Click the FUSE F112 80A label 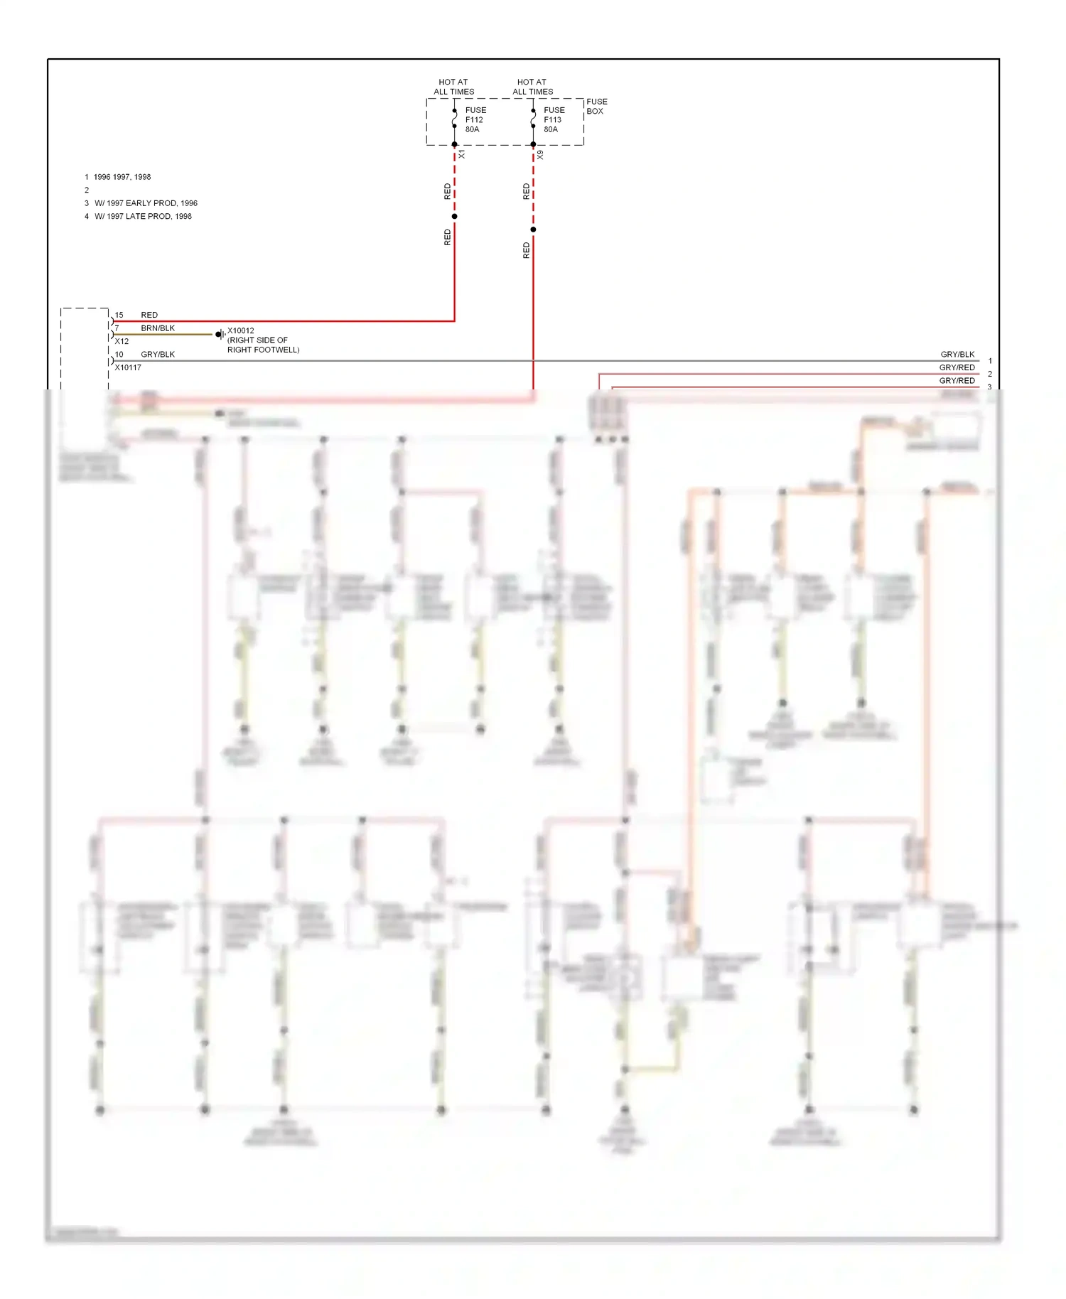click(x=475, y=119)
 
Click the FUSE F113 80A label click(x=554, y=119)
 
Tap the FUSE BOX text click(x=596, y=107)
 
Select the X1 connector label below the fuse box click(x=462, y=154)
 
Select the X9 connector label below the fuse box click(x=541, y=154)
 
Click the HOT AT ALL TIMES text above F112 click(x=453, y=87)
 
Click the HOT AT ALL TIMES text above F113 click(x=532, y=87)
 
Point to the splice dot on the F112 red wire click(x=454, y=216)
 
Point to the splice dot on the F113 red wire click(x=533, y=230)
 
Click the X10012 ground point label click(x=240, y=330)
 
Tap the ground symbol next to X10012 click(x=220, y=334)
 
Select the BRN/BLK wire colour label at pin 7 click(x=158, y=328)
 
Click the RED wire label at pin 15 click(x=149, y=315)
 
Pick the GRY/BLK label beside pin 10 click(x=158, y=355)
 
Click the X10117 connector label click(x=128, y=367)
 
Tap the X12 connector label click(x=122, y=341)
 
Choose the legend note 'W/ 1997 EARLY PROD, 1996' click(x=146, y=203)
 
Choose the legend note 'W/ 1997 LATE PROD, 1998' click(x=143, y=216)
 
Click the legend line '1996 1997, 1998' click(x=122, y=177)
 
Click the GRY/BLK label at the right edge click(x=957, y=354)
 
